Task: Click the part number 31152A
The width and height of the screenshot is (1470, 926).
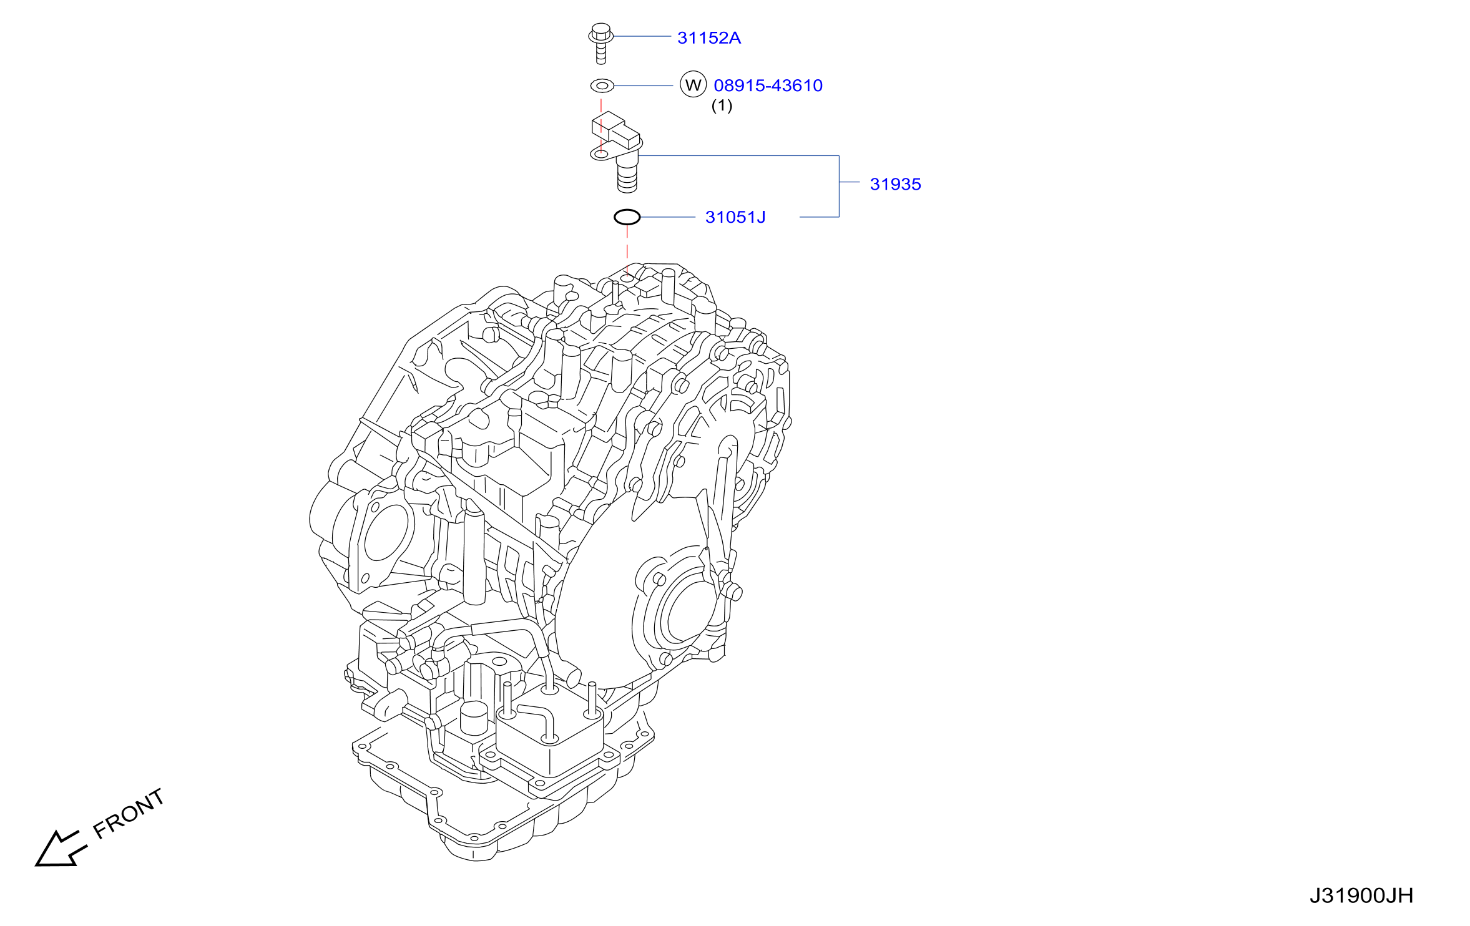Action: tap(709, 38)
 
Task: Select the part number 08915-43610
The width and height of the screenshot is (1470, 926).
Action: tap(768, 85)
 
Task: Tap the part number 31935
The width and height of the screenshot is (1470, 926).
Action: tap(895, 184)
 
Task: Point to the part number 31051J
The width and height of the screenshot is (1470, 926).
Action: tap(735, 217)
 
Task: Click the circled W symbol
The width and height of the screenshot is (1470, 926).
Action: tap(693, 85)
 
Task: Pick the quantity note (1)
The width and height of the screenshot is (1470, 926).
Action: tap(722, 105)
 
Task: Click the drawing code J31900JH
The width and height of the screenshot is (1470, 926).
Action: tap(1361, 896)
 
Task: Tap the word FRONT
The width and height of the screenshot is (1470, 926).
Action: tap(129, 814)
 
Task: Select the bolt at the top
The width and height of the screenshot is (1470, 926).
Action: tap(600, 43)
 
